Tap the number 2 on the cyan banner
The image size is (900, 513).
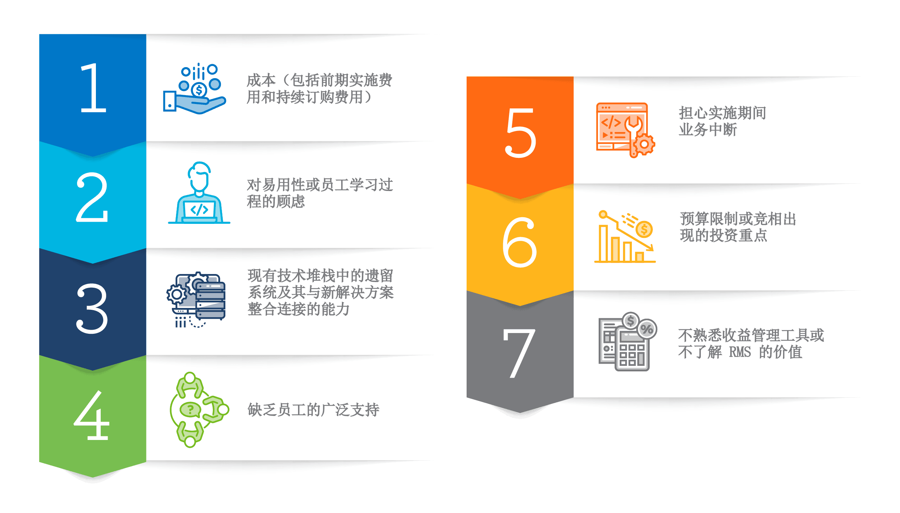92,197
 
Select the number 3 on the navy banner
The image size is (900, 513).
92,308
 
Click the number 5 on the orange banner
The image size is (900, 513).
520,133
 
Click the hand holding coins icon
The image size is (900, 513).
195,89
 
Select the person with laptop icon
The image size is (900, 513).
199,193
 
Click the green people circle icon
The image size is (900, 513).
199,409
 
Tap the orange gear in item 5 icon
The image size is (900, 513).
644,144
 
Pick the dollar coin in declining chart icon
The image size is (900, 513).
644,229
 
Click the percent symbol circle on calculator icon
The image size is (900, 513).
647,329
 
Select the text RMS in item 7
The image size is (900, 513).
740,352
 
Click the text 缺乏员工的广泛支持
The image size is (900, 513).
314,410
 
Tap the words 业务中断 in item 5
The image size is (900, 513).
708,129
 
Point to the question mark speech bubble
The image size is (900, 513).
190,409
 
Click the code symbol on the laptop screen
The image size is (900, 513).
199,210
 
